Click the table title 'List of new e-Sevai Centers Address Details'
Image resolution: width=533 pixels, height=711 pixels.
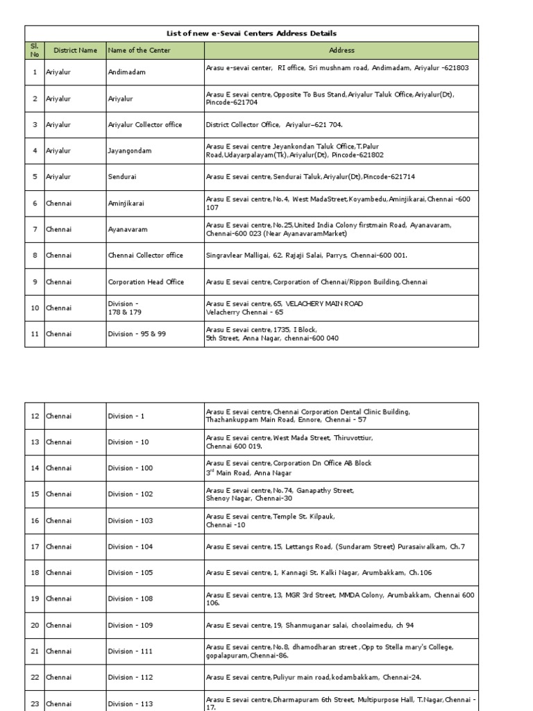(251, 33)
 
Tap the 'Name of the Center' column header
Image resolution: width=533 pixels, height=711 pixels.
(139, 50)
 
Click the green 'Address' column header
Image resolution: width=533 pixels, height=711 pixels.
(341, 50)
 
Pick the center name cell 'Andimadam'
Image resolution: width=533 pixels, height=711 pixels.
(127, 72)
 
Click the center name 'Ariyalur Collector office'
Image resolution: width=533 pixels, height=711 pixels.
(145, 125)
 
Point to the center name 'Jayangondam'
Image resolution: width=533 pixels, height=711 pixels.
(130, 151)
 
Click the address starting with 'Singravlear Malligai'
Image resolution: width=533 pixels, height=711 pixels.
(306, 256)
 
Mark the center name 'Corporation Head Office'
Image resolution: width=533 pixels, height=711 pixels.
(144, 282)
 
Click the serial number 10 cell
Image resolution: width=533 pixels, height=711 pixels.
(35, 308)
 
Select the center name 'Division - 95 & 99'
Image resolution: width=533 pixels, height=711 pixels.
(137, 334)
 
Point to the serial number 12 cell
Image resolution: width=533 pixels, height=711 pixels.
(35, 416)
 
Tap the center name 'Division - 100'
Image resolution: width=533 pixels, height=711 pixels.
(130, 468)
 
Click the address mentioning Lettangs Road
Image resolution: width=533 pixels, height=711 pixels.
(335, 546)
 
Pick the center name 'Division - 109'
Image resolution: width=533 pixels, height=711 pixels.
(130, 626)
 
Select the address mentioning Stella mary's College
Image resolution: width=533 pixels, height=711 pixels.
(330, 651)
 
